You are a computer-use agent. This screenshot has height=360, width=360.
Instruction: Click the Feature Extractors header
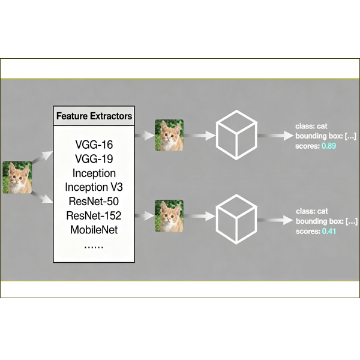coord(94,115)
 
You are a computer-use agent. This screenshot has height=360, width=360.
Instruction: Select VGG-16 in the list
coord(94,145)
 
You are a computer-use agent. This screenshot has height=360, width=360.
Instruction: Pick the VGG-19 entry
coord(94,159)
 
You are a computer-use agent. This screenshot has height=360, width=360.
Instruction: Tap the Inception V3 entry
coord(94,187)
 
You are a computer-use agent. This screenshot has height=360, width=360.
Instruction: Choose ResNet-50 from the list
coord(94,201)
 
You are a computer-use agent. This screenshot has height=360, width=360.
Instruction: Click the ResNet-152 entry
coord(94,215)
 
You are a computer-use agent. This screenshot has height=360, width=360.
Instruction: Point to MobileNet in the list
coord(94,229)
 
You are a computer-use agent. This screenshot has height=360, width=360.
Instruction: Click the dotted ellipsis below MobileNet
coord(94,245)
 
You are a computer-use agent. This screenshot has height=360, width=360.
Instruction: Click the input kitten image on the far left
coord(16,178)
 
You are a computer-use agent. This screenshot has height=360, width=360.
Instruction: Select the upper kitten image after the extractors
coord(169,135)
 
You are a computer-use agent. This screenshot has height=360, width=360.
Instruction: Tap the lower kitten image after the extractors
coord(169,215)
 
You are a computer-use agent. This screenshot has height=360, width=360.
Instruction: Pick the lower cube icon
coord(236,215)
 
